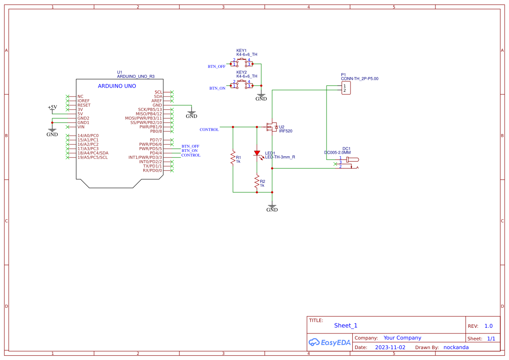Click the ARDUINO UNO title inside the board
[117, 86]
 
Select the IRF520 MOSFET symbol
[272, 127]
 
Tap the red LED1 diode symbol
[257, 153]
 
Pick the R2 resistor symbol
[257, 183]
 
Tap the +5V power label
[52, 107]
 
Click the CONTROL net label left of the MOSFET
[209, 130]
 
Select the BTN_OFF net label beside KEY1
[216, 67]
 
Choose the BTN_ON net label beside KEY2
[217, 88]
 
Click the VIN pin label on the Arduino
[81, 127]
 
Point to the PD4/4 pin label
[155, 153]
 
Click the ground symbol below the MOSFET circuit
[272, 208]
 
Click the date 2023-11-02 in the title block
[390, 347]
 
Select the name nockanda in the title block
[456, 347]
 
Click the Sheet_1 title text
[346, 326]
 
